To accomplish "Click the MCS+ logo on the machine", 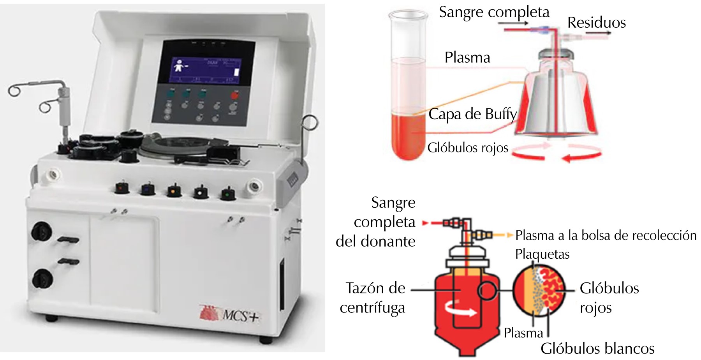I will [x=230, y=313].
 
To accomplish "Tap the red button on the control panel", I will [x=235, y=95].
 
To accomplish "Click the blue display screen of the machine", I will [x=206, y=70].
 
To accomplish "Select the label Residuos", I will [x=596, y=23].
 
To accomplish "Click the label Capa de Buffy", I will [x=472, y=114].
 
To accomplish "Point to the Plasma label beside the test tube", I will [x=467, y=58].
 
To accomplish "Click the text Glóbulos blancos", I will [x=597, y=348].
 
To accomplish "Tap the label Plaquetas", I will [x=542, y=254].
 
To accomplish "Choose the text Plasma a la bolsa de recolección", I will [x=606, y=235].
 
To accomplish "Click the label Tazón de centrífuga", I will [x=374, y=298].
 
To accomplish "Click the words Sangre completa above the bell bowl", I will [x=494, y=12].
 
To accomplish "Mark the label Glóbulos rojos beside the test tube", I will [x=468, y=148].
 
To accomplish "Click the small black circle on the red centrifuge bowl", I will [x=487, y=291].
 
